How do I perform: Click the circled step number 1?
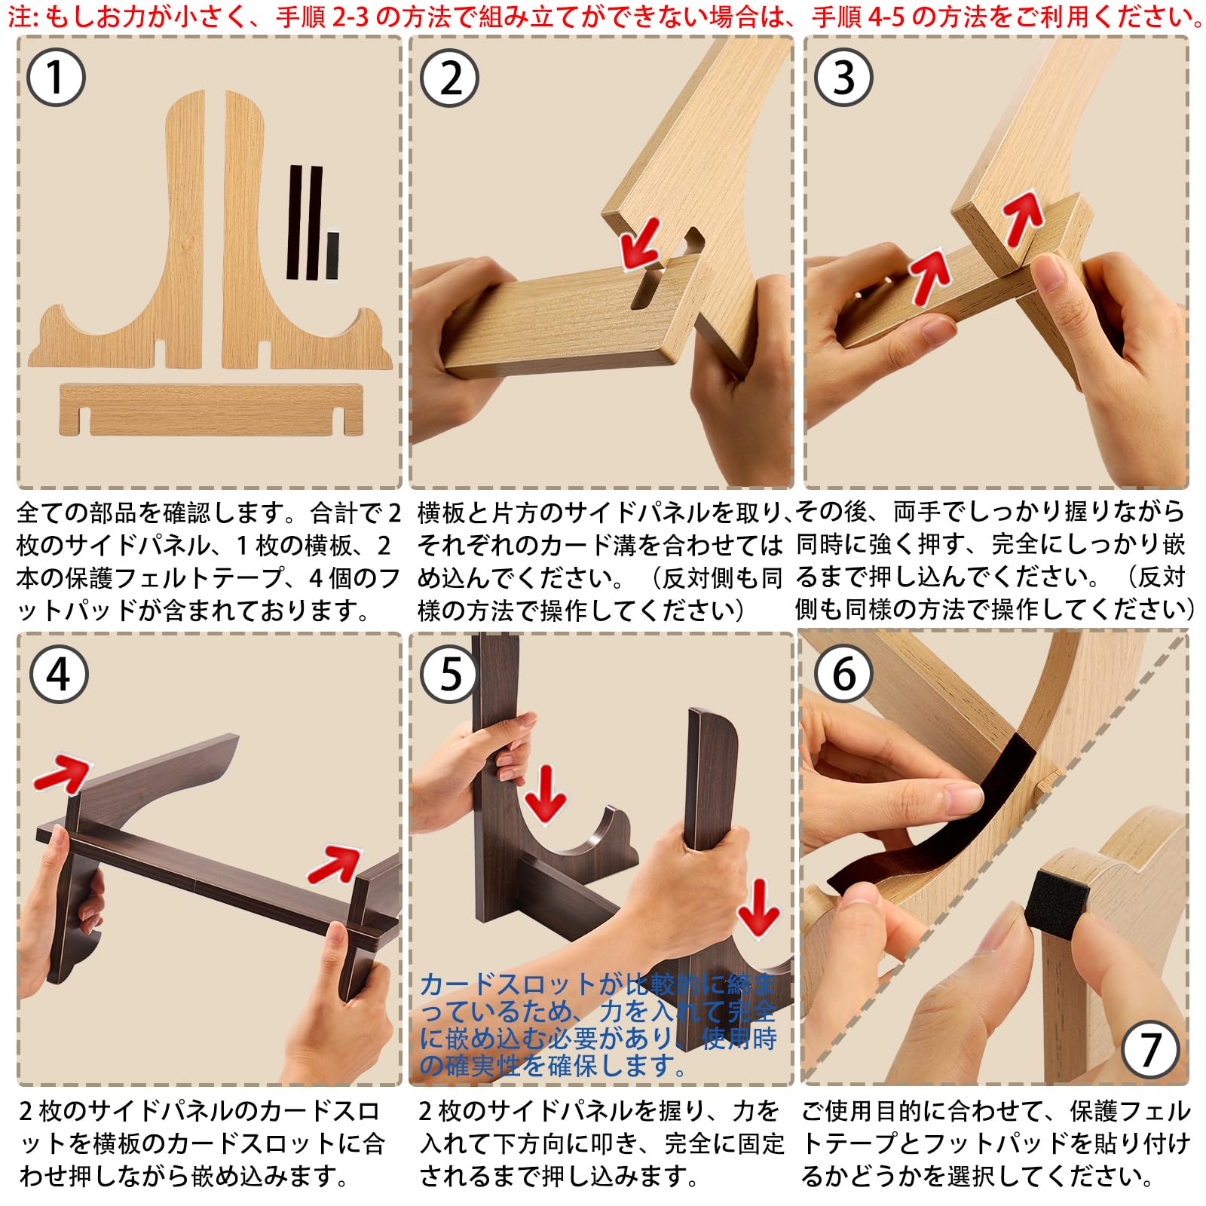point(56,77)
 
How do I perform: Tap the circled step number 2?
point(450,77)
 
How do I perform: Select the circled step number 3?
point(844,77)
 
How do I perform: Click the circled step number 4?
point(59,674)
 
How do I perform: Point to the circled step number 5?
point(450,674)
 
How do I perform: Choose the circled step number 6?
point(844,674)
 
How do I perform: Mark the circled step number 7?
point(1150,1049)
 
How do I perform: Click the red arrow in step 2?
point(640,244)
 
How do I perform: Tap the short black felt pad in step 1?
point(332,256)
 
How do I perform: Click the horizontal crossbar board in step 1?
point(211,409)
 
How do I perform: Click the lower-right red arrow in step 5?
point(758,909)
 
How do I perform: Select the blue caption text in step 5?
point(598,1025)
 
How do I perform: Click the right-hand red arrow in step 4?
point(336,864)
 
